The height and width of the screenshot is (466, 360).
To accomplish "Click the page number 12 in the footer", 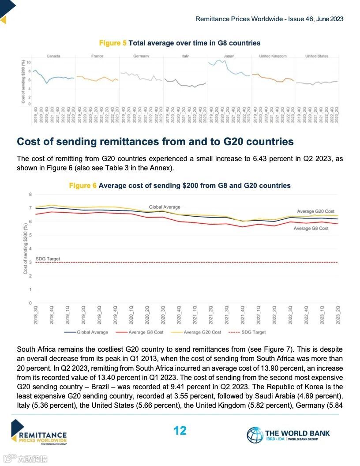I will pyautogui.click(x=180, y=430).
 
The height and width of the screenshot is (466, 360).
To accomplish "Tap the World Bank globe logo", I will pyautogui.click(x=255, y=435).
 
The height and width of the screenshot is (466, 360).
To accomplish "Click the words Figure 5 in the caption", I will pyautogui.click(x=112, y=43).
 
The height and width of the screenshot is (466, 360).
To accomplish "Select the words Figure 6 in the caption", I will pyautogui.click(x=82, y=186).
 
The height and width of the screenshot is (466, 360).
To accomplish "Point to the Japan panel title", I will pyautogui.click(x=229, y=56).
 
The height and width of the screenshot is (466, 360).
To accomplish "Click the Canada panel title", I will pyautogui.click(x=53, y=56).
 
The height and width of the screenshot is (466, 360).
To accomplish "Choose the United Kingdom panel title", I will pyautogui.click(x=273, y=56).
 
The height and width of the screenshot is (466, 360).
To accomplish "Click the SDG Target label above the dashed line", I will pyautogui.click(x=48, y=259).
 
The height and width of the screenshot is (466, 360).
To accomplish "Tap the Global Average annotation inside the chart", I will pyautogui.click(x=165, y=207).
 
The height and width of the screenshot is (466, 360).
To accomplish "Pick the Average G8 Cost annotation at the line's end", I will pyautogui.click(x=311, y=229).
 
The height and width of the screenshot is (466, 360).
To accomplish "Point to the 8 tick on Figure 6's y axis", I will pyautogui.click(x=30, y=194).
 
